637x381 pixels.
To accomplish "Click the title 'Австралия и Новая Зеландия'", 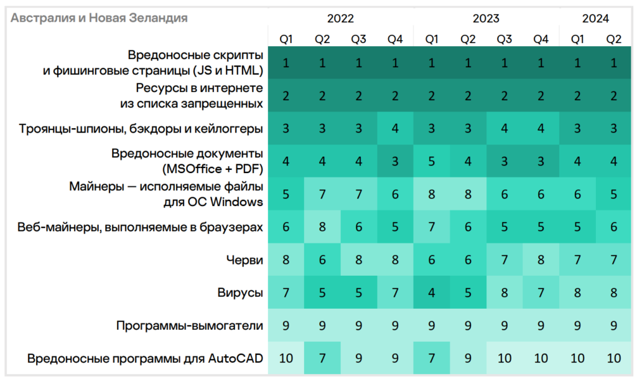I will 99,18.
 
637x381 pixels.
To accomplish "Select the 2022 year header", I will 340,19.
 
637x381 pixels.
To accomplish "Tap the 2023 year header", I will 486,19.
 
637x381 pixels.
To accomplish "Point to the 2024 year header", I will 595,19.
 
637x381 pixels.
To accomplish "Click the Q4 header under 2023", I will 541,39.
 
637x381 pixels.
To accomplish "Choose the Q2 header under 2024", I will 613,39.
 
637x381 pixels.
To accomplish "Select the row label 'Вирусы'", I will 240,293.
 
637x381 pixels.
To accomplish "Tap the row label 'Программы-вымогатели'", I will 190,326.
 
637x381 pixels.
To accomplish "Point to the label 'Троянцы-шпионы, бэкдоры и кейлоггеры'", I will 141,129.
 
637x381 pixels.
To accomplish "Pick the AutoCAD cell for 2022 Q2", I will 322,358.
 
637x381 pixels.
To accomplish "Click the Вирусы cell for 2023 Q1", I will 431,293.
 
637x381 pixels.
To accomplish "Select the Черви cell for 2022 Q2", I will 322,260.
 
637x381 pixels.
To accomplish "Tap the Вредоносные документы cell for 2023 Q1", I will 431,161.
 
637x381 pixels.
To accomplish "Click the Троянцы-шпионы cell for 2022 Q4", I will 395,129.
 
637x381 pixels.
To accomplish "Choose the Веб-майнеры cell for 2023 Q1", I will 431,227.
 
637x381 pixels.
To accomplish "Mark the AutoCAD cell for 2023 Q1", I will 431,358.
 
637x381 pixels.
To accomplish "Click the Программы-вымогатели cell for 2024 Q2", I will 613,326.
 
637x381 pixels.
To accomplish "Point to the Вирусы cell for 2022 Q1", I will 286,293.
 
